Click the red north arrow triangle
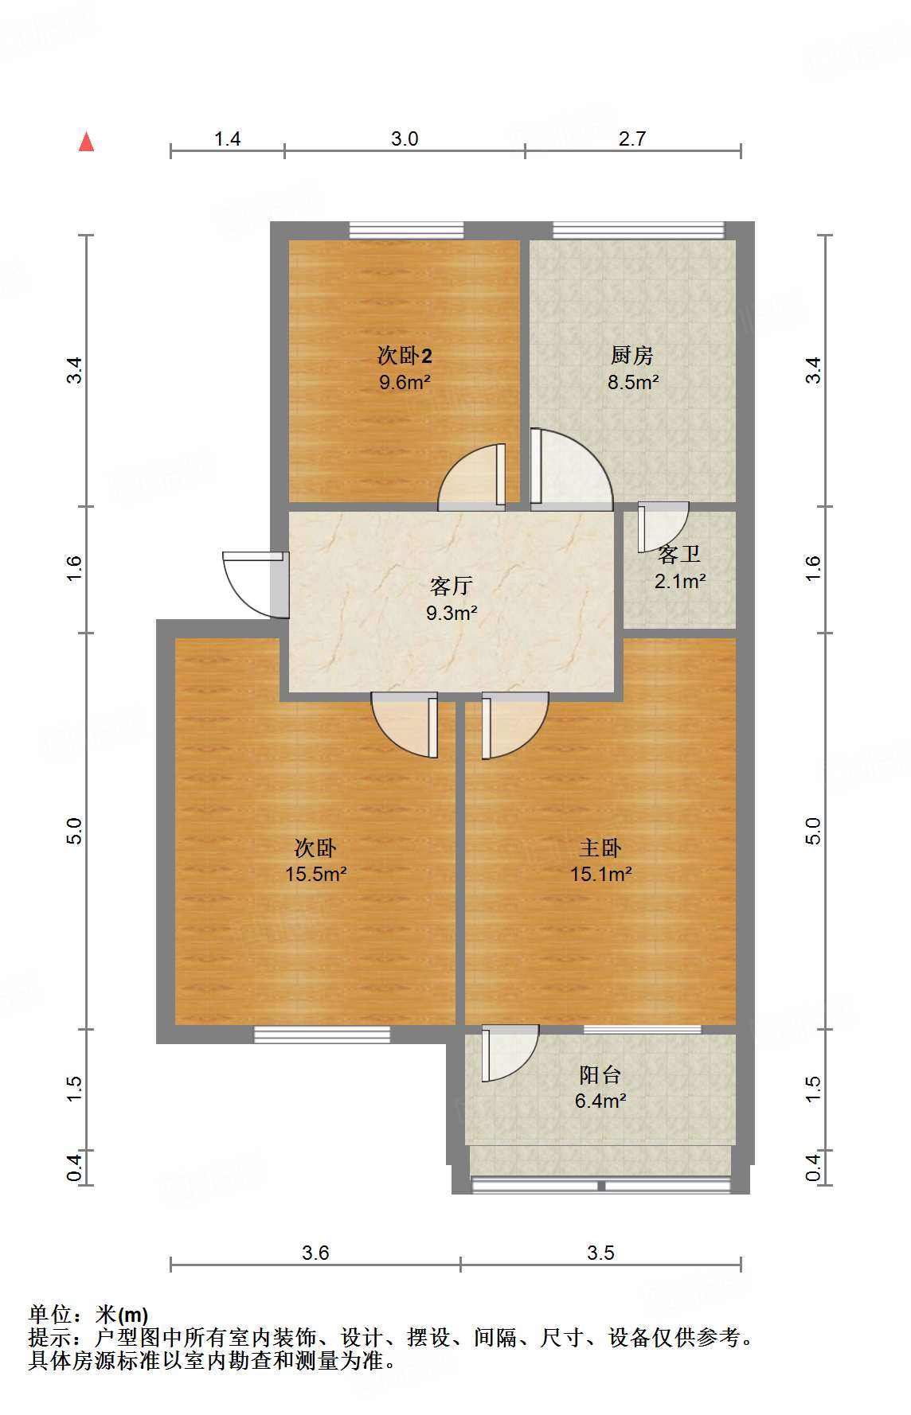(87, 142)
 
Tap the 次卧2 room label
(405, 355)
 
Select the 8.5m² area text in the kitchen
(633, 382)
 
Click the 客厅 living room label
(452, 587)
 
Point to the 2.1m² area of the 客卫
(680, 582)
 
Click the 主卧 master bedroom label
(600, 848)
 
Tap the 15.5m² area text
(315, 875)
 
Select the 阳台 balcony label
(600, 1075)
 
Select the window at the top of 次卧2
(406, 230)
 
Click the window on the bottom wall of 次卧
(322, 1035)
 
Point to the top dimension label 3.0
(405, 139)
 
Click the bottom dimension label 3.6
(315, 1253)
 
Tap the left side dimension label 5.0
(74, 831)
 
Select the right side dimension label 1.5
(813, 1090)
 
